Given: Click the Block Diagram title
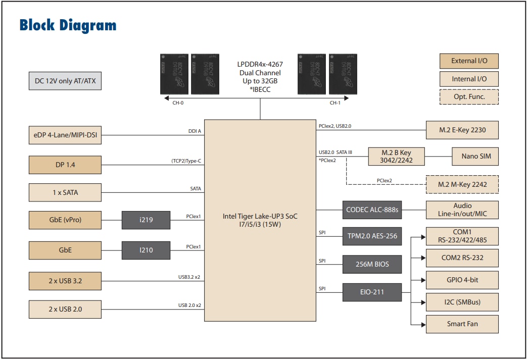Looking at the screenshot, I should tap(68, 25).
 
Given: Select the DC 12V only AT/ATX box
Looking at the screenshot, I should tap(65, 81).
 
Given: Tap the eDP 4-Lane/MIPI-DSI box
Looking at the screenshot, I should tap(65, 135).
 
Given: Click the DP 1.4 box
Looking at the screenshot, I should tap(65, 164).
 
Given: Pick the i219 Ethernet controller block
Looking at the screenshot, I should tap(146, 220).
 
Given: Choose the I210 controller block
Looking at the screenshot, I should tap(146, 249).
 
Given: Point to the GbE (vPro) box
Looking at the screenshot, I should tap(65, 220).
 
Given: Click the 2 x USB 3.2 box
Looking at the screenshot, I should tap(65, 281).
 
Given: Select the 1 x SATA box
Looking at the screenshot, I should tap(65, 192).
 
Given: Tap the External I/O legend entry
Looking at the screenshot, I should tap(469, 61).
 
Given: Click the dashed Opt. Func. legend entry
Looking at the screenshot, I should tap(469, 96).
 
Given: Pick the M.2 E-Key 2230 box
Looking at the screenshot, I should tap(462, 130).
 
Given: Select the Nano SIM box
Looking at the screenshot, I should tap(475, 156).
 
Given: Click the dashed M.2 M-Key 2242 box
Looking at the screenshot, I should tap(462, 184).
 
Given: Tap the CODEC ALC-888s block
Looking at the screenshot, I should tap(372, 210).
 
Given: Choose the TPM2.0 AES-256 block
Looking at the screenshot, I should tap(372, 236).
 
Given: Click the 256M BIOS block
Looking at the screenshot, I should tap(372, 264).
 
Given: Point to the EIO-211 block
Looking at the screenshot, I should tap(372, 292).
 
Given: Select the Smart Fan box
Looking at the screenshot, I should tap(462, 324).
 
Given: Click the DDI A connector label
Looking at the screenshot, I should tap(195, 131).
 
